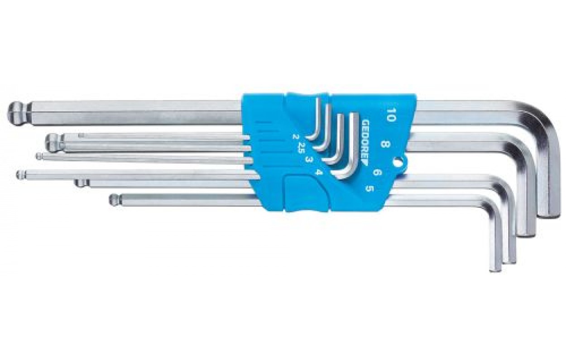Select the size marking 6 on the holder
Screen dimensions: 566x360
point(377,173)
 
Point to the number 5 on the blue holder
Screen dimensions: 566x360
point(369,189)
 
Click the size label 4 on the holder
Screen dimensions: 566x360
point(319,172)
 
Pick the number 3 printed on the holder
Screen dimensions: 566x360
point(308,159)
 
